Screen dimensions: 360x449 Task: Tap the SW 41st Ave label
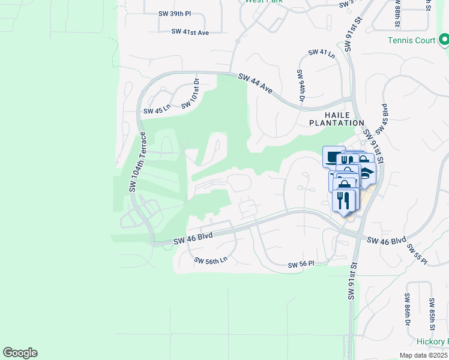coord(190,32)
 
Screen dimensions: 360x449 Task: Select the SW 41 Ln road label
coord(321,53)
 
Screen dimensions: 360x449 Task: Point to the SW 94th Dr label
coord(301,85)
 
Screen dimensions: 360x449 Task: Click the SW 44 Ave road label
coord(256,84)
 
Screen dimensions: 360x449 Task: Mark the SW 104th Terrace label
coord(137,161)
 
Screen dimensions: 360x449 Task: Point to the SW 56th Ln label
coord(211,260)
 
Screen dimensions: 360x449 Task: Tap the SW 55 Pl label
coord(416,253)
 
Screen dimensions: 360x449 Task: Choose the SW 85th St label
coord(432,314)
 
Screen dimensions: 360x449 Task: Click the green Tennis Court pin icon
coord(444,40)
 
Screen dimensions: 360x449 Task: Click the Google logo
coord(20,353)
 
